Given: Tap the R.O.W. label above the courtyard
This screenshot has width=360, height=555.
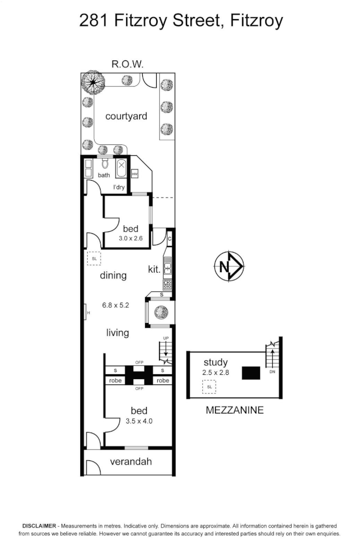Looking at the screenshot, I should [127, 65].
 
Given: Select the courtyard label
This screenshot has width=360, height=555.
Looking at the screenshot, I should [126, 116].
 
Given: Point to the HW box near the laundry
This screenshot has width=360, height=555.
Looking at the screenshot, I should [135, 174].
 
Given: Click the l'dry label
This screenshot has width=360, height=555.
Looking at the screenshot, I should [119, 187].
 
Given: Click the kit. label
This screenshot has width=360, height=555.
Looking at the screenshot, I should [154, 269].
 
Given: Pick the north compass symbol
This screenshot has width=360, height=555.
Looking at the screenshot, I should [229, 265].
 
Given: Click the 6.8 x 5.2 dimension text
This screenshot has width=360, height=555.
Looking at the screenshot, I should [116, 306].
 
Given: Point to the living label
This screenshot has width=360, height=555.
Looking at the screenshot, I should [117, 333].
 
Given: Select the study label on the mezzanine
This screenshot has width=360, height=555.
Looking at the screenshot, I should [215, 363].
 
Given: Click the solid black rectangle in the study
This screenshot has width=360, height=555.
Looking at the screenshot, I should [251, 373].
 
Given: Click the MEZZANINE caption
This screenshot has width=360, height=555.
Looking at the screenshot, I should [235, 411].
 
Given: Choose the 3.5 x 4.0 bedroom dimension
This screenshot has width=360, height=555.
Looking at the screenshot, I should [139, 421].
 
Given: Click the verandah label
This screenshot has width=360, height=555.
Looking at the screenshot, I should [127, 461].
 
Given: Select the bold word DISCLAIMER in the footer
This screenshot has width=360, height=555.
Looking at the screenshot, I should [39, 526].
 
